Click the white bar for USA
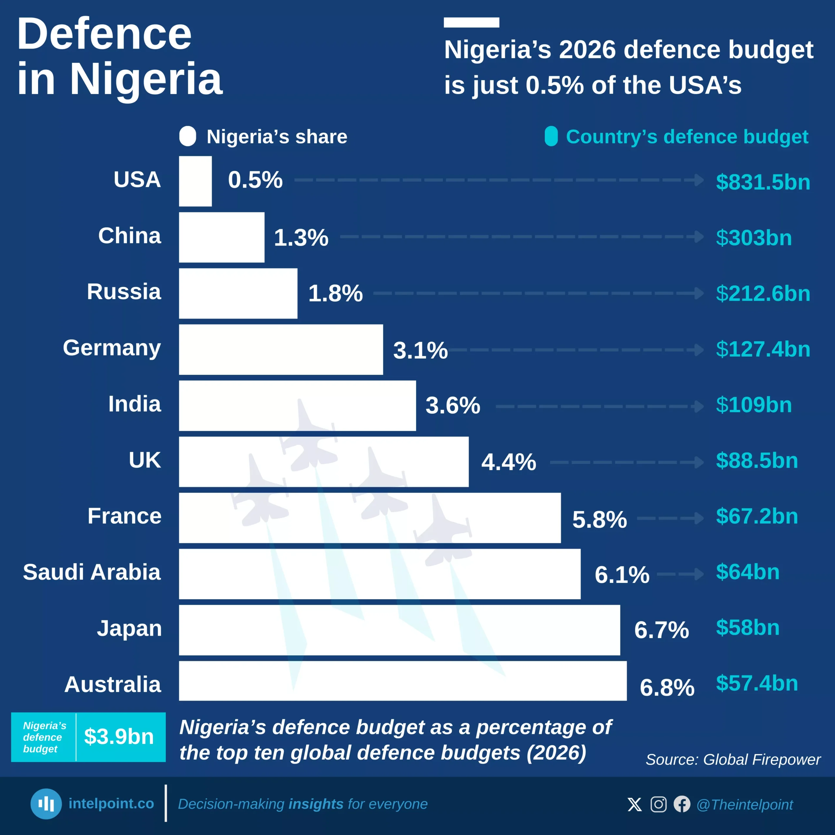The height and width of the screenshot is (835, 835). [x=195, y=181]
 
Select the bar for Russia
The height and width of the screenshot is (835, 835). [x=238, y=294]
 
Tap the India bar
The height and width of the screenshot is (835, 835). [x=297, y=405]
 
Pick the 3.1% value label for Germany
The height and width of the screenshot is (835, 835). [x=420, y=350]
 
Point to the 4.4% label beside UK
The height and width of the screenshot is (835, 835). [x=509, y=462]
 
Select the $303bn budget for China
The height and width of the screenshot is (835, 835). [x=754, y=238]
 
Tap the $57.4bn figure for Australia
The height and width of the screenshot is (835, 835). [x=757, y=683]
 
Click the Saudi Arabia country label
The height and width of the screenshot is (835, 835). [x=92, y=572]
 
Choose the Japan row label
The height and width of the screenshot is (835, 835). [x=129, y=628]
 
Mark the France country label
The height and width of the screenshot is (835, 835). [x=125, y=516]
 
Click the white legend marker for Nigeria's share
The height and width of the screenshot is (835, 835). [x=188, y=137]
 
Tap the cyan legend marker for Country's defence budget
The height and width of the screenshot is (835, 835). [x=551, y=137]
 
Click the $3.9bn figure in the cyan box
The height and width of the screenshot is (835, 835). [x=119, y=736]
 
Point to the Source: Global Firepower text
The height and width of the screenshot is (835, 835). [x=733, y=760]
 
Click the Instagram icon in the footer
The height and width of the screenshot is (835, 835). [x=658, y=804]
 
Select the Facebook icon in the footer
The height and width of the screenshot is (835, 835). [x=682, y=804]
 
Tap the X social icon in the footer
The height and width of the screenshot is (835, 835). [x=634, y=804]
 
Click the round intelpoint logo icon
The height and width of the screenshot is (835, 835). [x=46, y=804]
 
